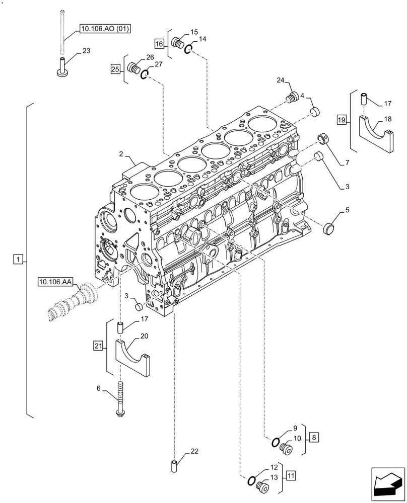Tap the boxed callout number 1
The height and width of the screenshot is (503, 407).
click(18, 260)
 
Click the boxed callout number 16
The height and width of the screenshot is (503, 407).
click(159, 44)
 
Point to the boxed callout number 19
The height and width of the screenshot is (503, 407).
click(342, 120)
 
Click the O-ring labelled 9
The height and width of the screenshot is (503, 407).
click(276, 443)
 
